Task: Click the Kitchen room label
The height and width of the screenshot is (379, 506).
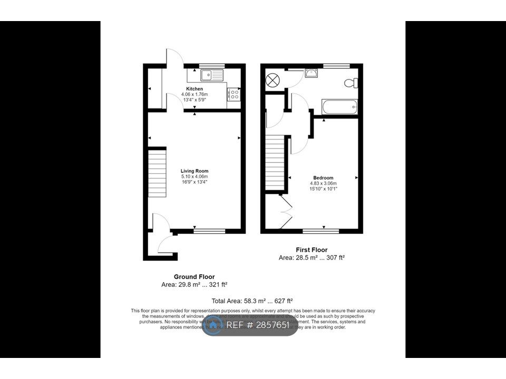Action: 194,89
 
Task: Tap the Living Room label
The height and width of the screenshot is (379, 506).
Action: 194,171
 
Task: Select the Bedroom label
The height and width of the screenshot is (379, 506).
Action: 323,178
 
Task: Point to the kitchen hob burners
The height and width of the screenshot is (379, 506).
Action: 234,95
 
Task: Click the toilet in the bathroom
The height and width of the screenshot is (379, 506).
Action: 351,83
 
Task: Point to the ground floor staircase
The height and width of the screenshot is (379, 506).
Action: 157,173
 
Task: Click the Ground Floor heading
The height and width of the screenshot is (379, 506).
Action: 194,277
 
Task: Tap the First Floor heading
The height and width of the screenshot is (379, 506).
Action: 311,250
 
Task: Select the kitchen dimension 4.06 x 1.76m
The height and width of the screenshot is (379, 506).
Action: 194,95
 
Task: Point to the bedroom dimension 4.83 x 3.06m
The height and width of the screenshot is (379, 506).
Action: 323,184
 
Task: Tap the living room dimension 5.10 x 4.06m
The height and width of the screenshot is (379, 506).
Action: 194,177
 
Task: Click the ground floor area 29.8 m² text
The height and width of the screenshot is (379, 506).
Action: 194,285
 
